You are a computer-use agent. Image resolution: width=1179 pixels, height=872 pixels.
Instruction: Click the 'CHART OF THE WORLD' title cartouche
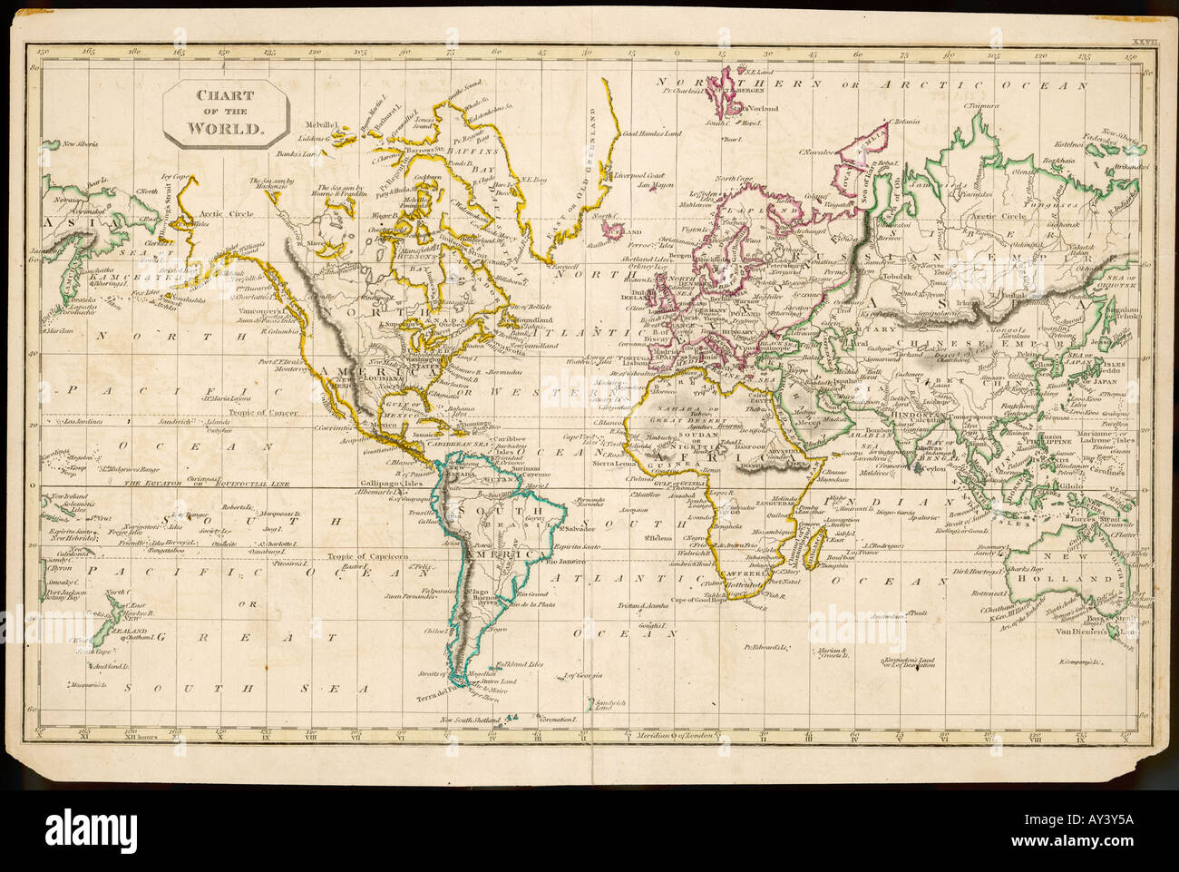coord(226,113)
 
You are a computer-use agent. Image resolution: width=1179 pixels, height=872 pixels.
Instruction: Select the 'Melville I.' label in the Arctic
coord(322,123)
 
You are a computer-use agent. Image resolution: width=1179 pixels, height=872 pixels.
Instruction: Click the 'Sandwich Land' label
coord(606,704)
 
